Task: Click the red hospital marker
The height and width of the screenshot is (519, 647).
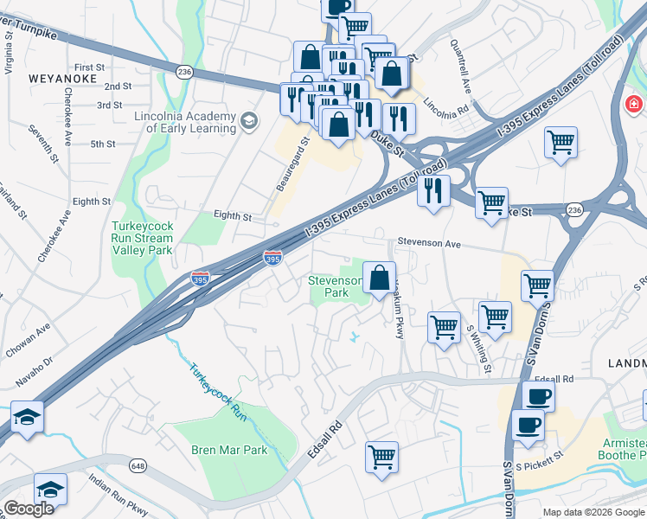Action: tap(634, 105)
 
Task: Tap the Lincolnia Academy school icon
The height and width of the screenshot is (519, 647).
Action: tap(250, 119)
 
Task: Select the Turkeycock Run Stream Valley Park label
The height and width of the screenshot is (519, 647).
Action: tap(143, 238)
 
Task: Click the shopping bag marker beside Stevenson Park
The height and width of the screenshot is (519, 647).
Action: tap(379, 279)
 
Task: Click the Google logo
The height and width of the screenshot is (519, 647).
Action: tap(29, 509)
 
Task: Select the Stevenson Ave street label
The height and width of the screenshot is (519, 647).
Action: tap(429, 245)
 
